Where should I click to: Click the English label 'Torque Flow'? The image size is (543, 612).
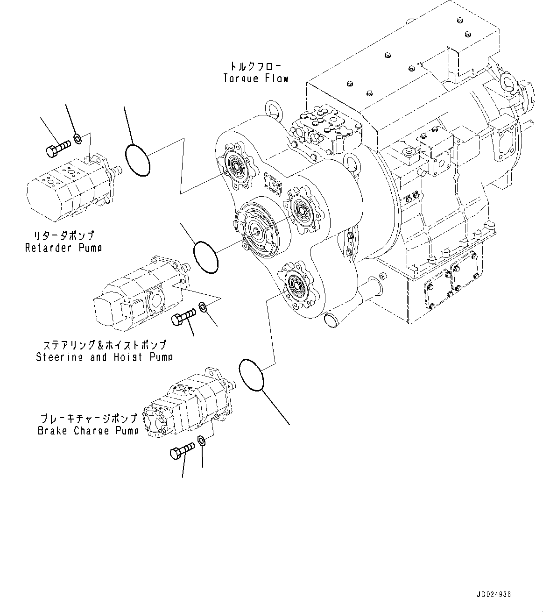pos(256,78)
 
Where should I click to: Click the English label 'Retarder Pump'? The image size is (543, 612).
pos(63,248)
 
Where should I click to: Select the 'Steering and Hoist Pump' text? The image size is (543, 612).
pos(104,357)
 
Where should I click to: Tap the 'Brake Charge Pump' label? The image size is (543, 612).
pos(88,431)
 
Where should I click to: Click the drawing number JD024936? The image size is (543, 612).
pos(494,594)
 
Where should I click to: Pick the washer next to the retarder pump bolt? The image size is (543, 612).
pos(78,138)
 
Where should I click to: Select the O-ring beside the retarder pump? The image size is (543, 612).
pos(137,160)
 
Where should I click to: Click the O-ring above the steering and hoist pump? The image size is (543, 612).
pos(206,256)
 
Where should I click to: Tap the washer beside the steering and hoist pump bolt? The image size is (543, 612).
pos(203,307)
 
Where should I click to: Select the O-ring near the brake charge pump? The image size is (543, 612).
pos(251,374)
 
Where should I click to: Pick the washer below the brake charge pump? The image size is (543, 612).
pos(201,441)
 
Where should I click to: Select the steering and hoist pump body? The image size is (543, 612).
pos(135,299)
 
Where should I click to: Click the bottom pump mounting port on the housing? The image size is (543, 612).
pos(295,284)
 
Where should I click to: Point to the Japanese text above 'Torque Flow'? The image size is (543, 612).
pos(256,66)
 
